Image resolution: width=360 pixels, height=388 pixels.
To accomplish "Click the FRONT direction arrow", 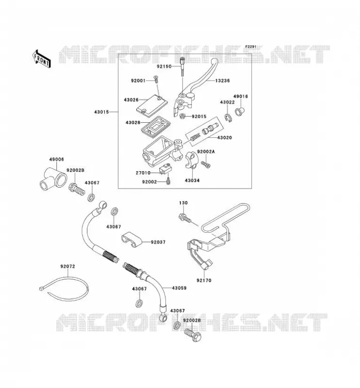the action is [x=42, y=59].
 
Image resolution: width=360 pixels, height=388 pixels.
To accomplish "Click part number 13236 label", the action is [x=222, y=81].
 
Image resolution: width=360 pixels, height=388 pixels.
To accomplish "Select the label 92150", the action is [x=164, y=66].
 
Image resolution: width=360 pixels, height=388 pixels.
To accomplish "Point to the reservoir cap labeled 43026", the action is [x=152, y=105].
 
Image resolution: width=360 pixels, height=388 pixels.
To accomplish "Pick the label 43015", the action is [x=101, y=112].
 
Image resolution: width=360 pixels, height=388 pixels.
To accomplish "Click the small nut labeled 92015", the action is [x=182, y=116].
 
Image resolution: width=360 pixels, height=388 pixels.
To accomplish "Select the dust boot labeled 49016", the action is [x=239, y=112].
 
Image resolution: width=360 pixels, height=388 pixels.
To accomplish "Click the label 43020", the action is [x=224, y=138].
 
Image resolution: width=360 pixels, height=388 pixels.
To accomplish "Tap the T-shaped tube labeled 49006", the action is [x=53, y=179].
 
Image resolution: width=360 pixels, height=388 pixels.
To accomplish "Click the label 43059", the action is [x=179, y=288].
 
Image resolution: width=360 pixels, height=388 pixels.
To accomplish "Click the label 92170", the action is [x=204, y=280].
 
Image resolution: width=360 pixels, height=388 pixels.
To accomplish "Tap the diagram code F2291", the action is [x=251, y=47].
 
